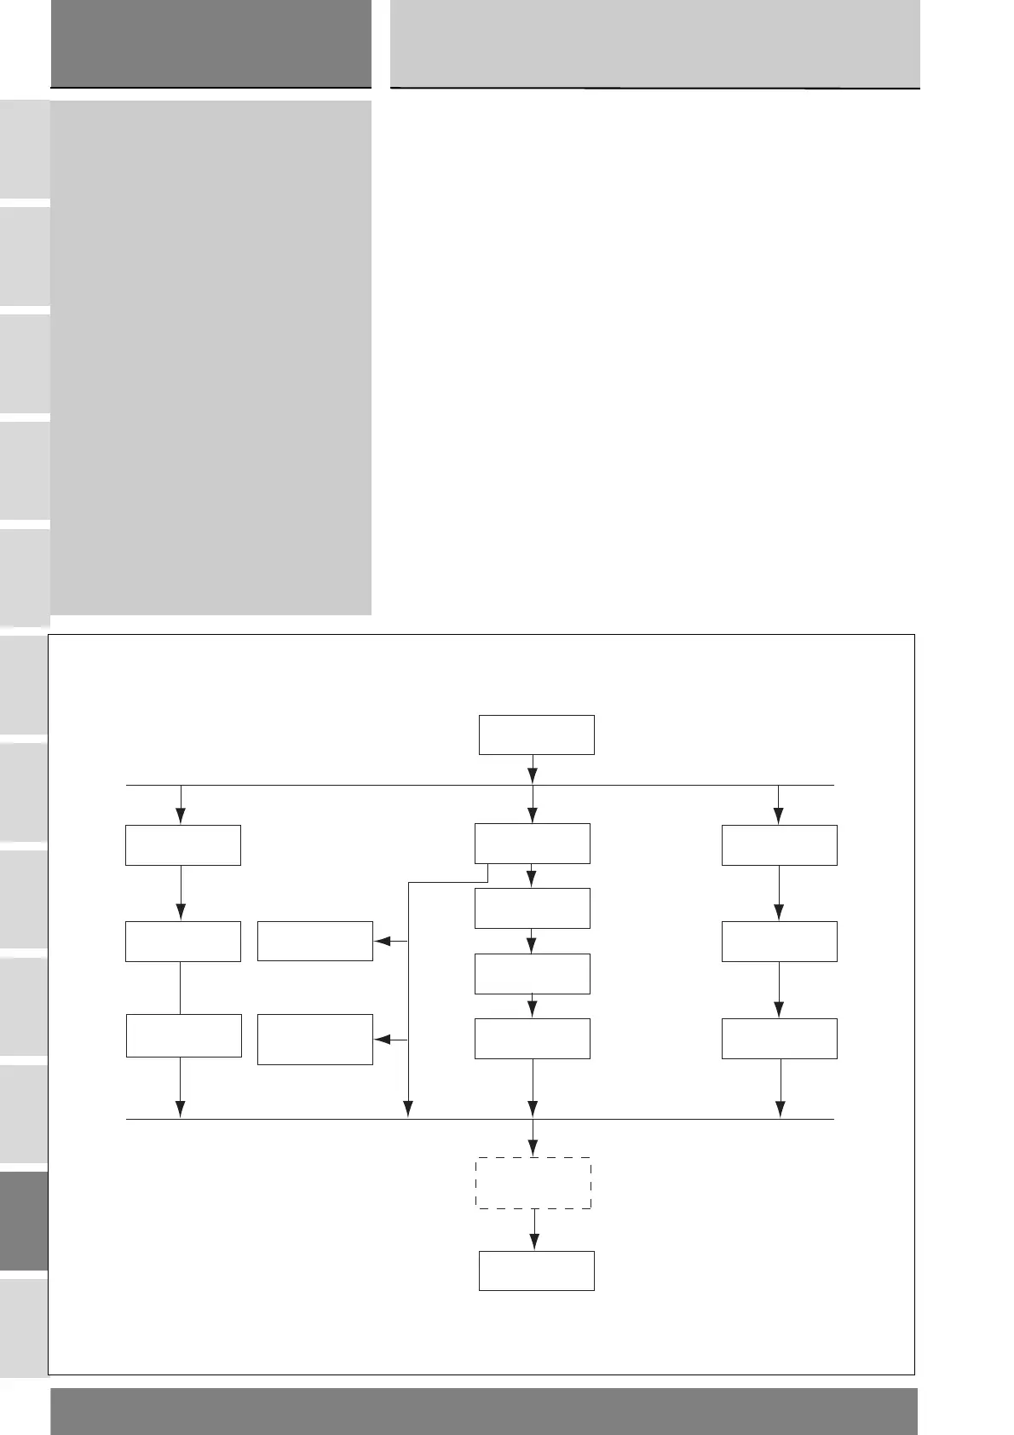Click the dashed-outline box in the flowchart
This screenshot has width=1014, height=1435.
pyautogui.click(x=533, y=1183)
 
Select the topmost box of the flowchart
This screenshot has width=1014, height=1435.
pyautogui.click(x=536, y=735)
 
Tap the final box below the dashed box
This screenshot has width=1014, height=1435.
pyautogui.click(x=536, y=1271)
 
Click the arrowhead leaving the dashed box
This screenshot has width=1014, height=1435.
pyautogui.click(x=534, y=1242)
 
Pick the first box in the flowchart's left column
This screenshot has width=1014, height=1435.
pyautogui.click(x=183, y=844)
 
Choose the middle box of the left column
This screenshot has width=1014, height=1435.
pyautogui.click(x=183, y=941)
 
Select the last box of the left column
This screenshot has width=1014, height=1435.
pyautogui.click(x=184, y=1035)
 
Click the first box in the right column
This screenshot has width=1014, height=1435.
pyautogui.click(x=780, y=844)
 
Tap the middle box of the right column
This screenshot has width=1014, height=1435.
pyautogui.click(x=780, y=941)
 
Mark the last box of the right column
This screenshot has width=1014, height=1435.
pyautogui.click(x=780, y=1038)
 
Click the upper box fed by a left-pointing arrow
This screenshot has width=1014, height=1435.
pyautogui.click(x=315, y=941)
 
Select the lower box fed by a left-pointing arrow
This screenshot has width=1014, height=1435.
pyautogui.click(x=315, y=1039)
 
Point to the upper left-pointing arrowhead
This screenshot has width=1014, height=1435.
pyautogui.click(x=382, y=942)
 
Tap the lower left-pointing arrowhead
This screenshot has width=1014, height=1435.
pyautogui.click(x=382, y=1040)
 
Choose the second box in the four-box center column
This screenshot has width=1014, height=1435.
pyautogui.click(x=533, y=908)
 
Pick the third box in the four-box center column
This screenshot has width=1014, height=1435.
pyautogui.click(x=533, y=973)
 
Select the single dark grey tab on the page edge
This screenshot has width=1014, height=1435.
pyautogui.click(x=24, y=1220)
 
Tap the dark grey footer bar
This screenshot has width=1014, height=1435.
pyautogui.click(x=484, y=1411)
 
